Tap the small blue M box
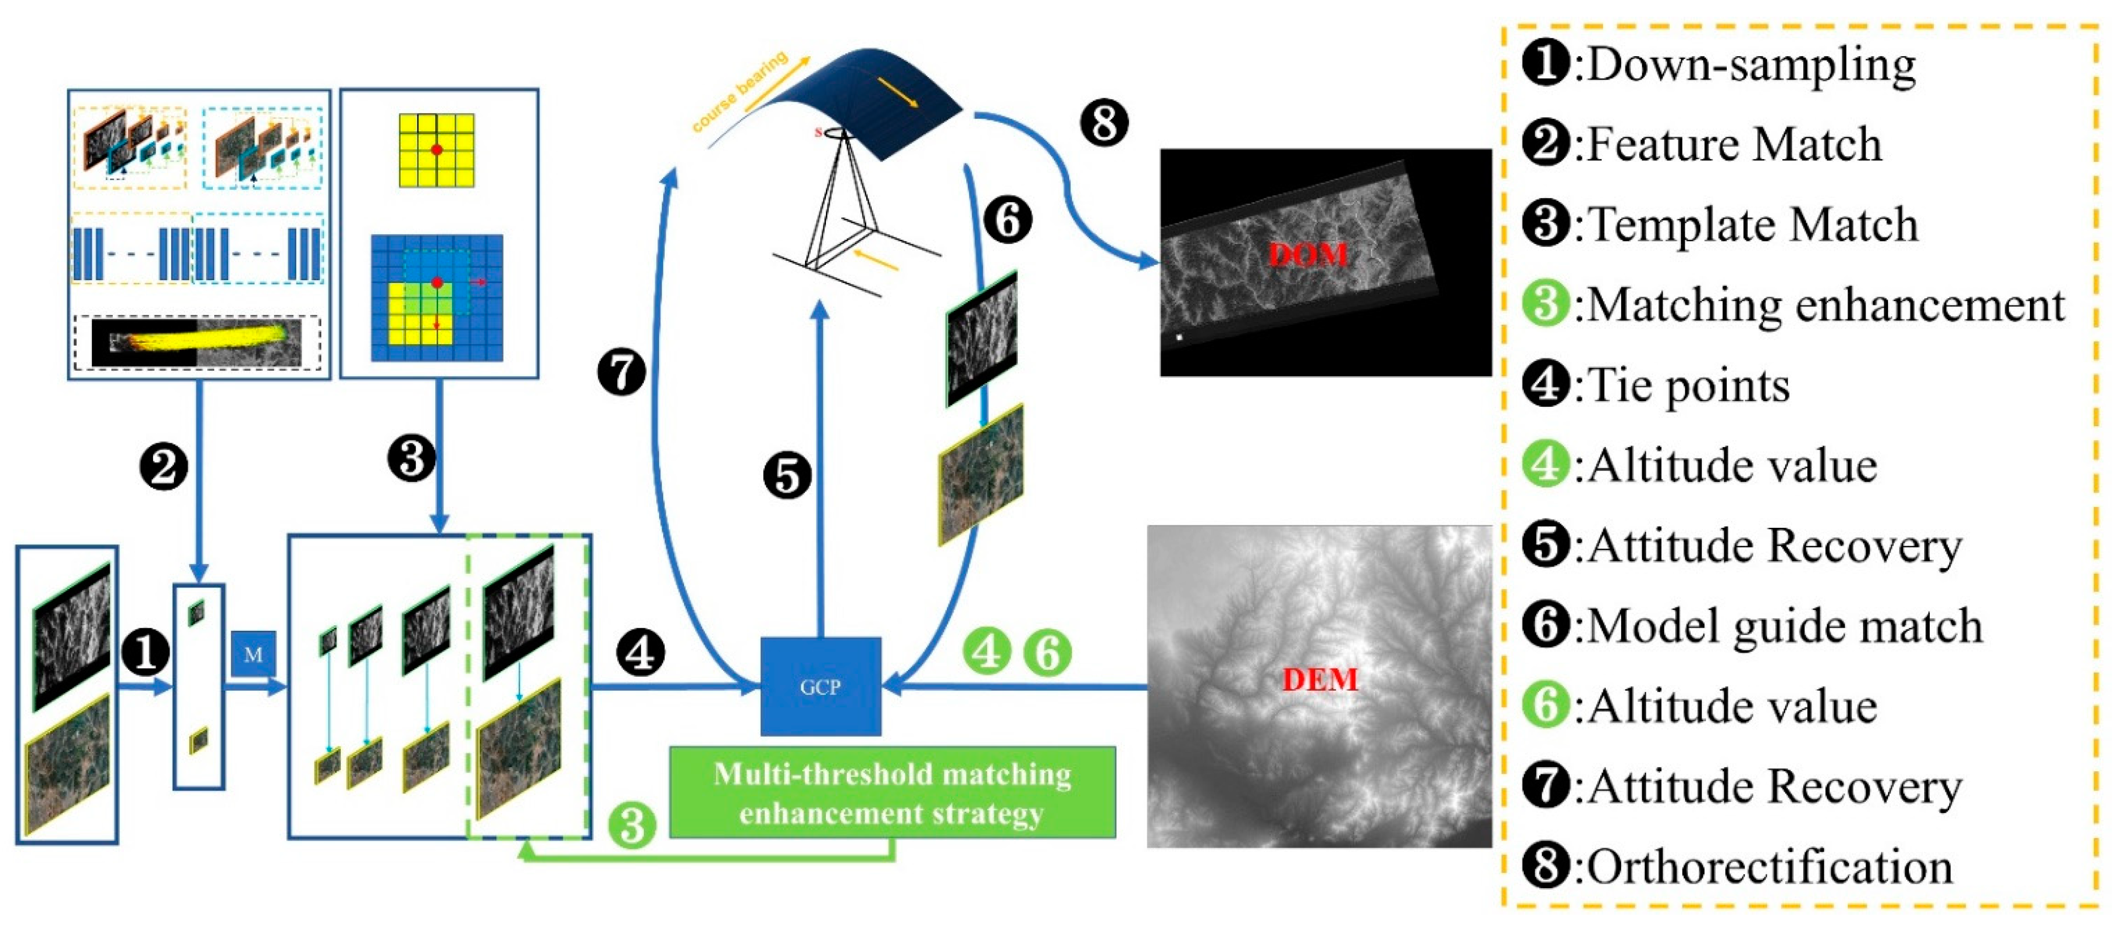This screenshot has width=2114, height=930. click(253, 654)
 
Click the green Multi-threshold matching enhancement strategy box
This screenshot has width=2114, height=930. click(892, 792)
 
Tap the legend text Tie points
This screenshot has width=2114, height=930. click(1689, 385)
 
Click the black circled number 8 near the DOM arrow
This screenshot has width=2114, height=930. click(1104, 124)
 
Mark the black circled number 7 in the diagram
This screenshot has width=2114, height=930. click(621, 371)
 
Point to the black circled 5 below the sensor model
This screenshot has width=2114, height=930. click(787, 476)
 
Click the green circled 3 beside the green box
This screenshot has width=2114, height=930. click(632, 824)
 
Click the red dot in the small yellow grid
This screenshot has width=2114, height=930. click(437, 150)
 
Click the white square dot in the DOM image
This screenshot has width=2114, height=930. click(1179, 336)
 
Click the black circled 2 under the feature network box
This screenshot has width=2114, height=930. click(164, 467)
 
